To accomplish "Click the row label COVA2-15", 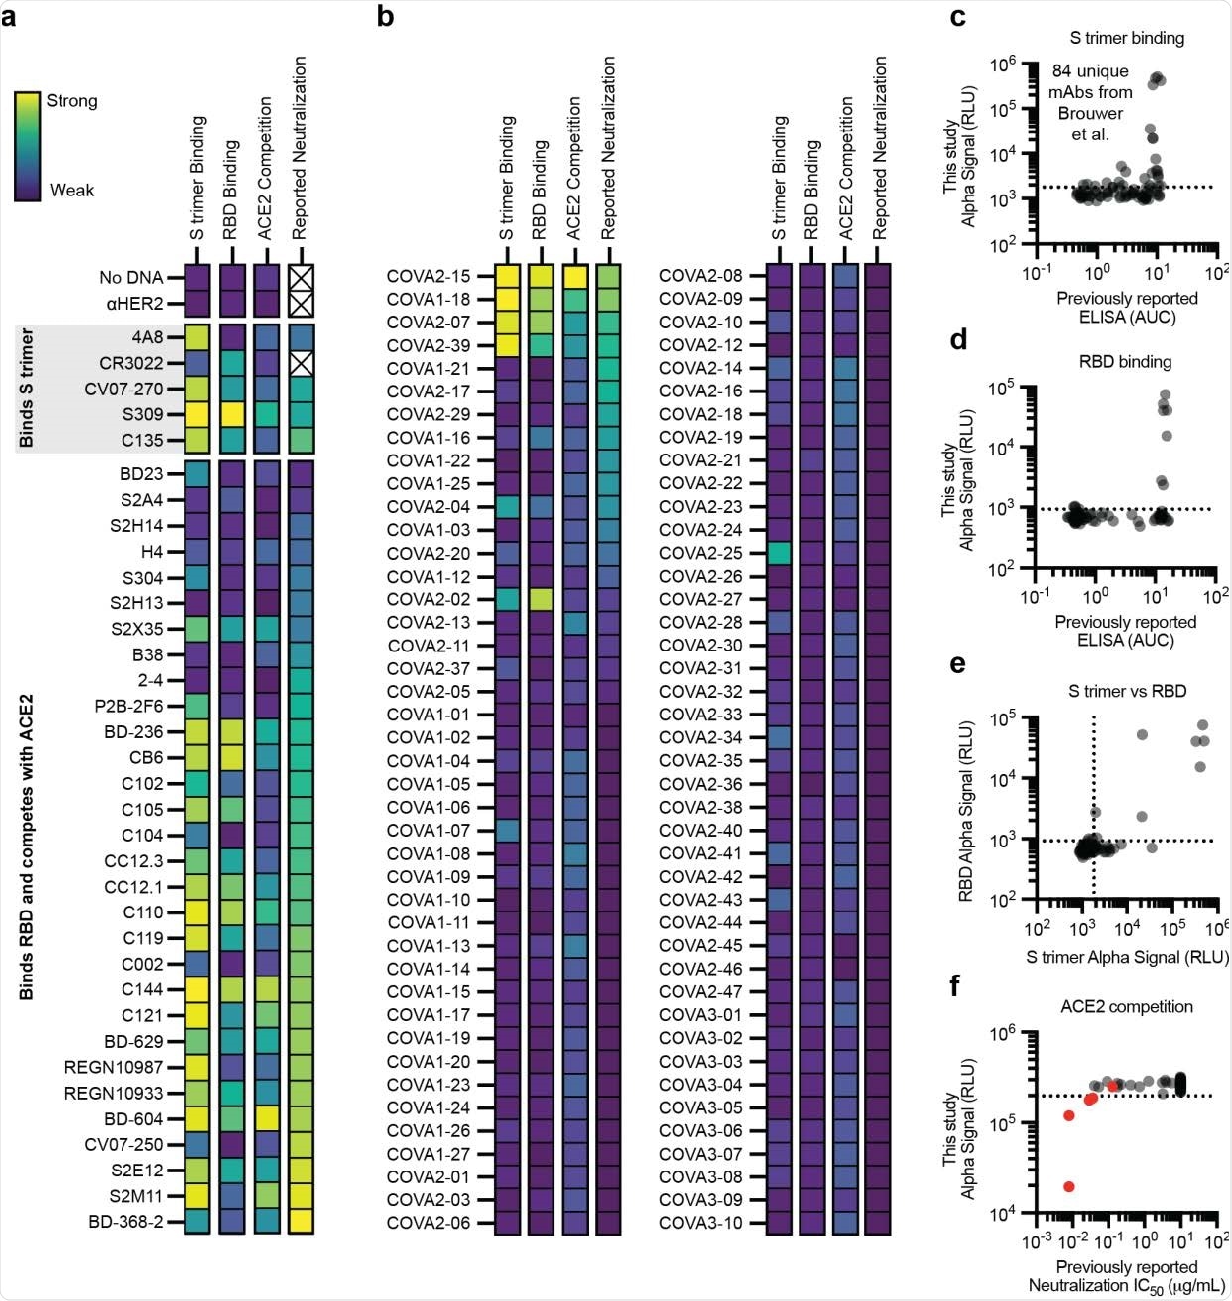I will coord(429,277).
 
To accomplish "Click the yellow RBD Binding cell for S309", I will coord(231,414).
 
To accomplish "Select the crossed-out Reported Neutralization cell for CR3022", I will coord(301,363).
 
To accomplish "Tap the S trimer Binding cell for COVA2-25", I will coord(778,553).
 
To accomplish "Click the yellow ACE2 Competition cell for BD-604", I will coord(266,1118).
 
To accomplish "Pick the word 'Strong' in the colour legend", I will coord(71,101).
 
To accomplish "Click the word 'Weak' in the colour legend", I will coord(71,190).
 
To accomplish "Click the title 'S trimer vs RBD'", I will coord(1126,691).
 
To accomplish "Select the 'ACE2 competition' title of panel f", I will coord(1125,1006).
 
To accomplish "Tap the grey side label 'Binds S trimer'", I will coord(28,388).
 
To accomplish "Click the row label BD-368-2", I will coord(125,1222).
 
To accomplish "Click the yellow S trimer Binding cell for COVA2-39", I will coord(507,345).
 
